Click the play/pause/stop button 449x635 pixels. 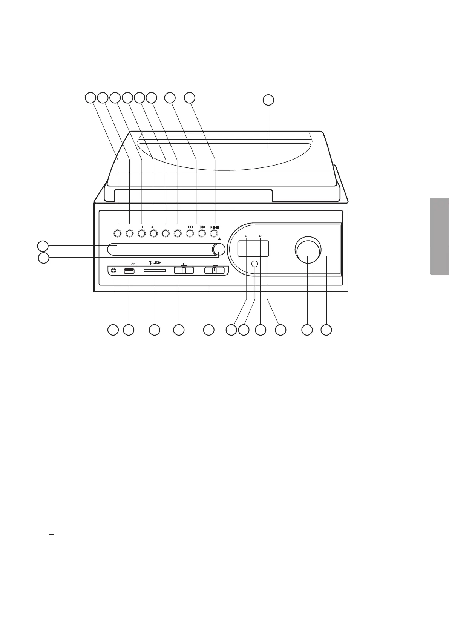coord(214,233)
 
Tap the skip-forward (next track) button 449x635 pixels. coord(202,233)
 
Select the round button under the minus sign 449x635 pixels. coord(130,233)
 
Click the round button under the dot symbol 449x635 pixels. coord(153,233)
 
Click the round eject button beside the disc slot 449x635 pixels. coord(219,249)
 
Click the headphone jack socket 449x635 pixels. coord(113,271)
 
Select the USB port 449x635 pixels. coord(129,271)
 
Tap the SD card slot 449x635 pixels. coord(155,271)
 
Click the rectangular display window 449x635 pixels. coord(253,248)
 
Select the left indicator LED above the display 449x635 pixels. coord(246,236)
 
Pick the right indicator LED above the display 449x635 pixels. coord(260,236)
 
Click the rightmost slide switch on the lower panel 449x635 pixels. coord(214,270)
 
